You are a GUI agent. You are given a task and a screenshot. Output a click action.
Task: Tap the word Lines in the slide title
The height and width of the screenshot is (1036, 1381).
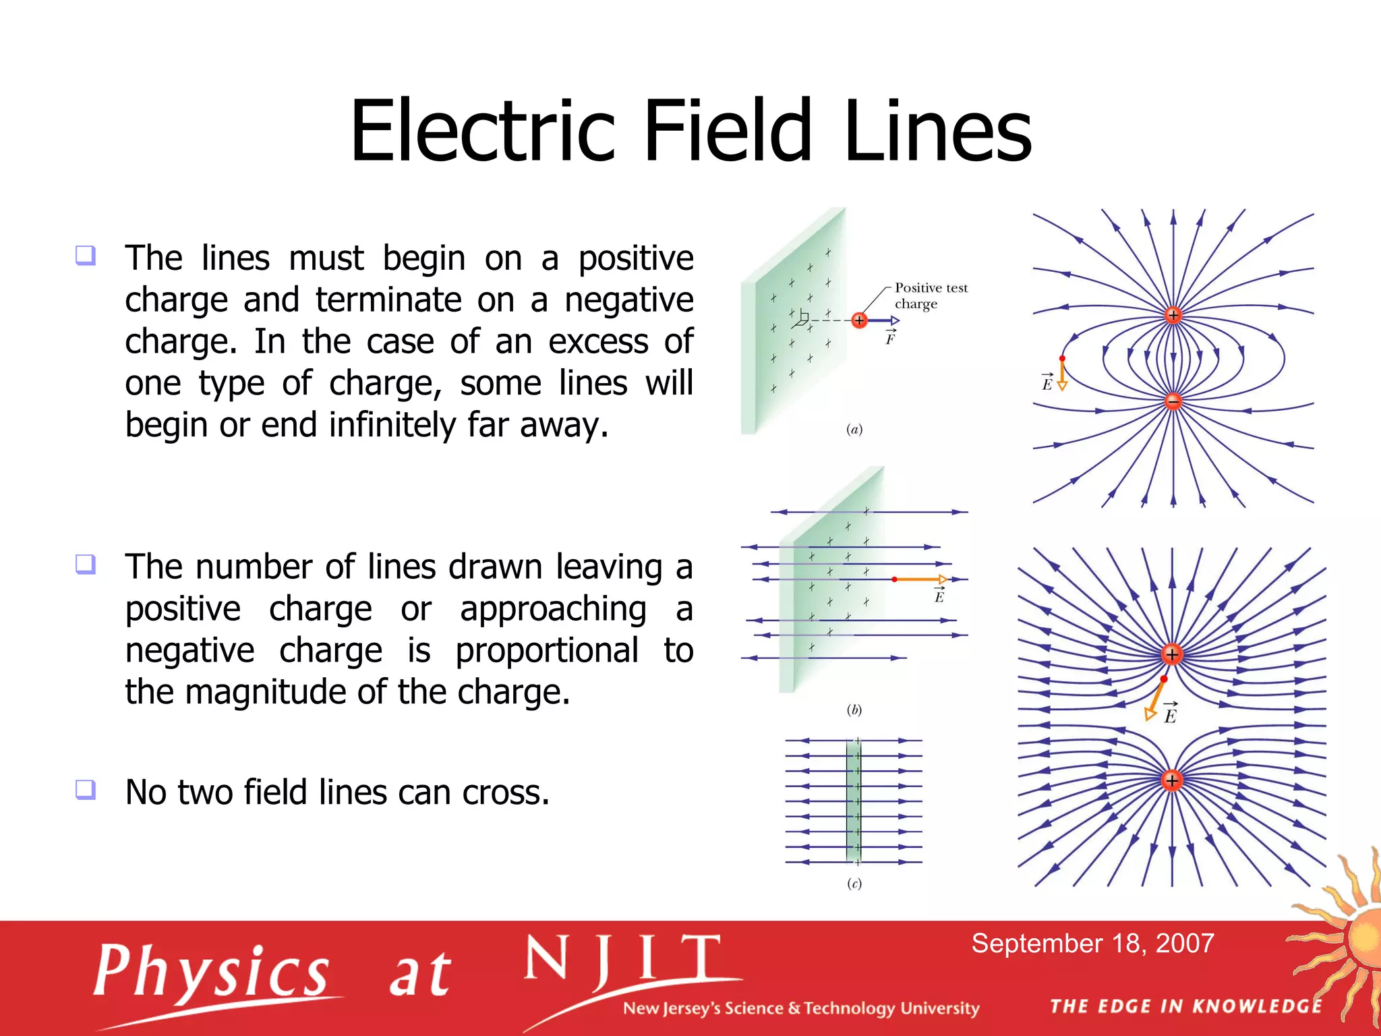[937, 132]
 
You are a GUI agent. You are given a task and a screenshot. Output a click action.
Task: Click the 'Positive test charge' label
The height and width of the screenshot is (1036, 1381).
[930, 296]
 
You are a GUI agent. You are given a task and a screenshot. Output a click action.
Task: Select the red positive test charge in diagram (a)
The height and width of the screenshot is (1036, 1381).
[858, 320]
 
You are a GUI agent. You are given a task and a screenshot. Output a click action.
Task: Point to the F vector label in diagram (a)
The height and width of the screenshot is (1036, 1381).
[890, 339]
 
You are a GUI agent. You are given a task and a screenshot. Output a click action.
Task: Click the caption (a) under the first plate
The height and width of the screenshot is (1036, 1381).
[854, 430]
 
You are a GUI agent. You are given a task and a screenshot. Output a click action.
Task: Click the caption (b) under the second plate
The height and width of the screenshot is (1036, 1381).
[854, 710]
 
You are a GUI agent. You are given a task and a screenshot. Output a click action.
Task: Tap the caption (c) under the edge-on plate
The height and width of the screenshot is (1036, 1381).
[854, 884]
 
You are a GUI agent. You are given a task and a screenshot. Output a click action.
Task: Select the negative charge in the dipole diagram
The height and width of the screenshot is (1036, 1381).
[1173, 401]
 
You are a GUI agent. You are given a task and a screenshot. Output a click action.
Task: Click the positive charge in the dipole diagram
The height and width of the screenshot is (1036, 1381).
[1173, 315]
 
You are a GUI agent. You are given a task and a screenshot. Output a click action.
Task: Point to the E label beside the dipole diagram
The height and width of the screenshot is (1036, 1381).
[1047, 383]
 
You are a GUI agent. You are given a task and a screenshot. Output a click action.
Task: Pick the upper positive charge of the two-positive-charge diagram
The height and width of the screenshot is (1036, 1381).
[1172, 654]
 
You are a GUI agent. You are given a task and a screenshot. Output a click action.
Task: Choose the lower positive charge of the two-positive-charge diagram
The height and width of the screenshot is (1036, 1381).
[1172, 780]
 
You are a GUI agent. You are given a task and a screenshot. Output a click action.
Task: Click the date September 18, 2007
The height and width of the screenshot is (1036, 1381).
[1092, 943]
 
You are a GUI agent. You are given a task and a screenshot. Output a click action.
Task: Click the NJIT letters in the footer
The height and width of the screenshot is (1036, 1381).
[624, 960]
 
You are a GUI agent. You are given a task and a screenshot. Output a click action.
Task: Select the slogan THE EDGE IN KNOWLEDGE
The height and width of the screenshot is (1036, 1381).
[1186, 1006]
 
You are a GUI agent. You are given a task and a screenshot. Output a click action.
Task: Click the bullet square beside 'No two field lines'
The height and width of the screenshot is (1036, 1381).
[86, 788]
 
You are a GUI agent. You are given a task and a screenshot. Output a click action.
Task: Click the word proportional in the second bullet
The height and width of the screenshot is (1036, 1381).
[546, 650]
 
